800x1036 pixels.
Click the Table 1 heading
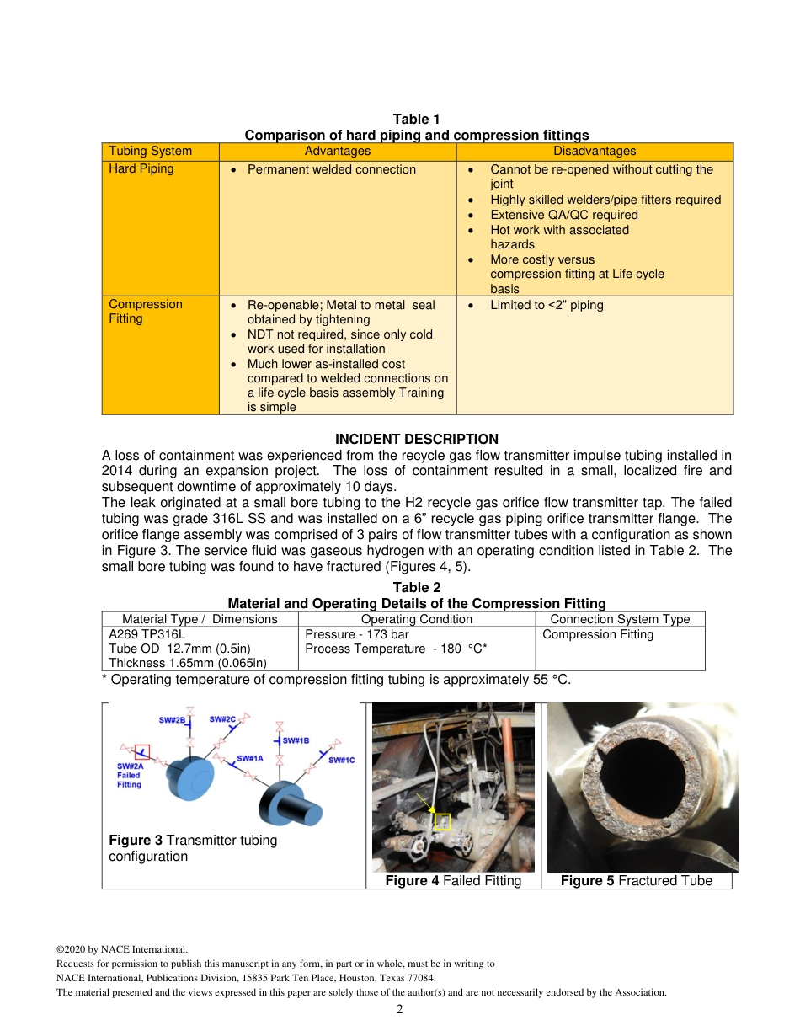tap(416, 120)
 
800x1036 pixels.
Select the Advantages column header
tap(337, 151)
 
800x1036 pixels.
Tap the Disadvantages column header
tap(594, 151)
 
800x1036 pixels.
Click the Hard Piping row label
tap(141, 168)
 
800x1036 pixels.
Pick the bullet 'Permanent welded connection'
tap(331, 169)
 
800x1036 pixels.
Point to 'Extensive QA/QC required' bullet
tap(563, 215)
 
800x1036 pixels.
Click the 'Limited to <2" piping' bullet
tap(547, 305)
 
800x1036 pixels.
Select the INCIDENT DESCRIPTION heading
tap(416, 439)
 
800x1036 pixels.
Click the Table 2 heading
tap(416, 587)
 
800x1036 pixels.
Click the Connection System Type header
tap(620, 619)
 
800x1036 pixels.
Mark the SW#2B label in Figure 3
tap(172, 720)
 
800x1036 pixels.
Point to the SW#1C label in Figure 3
tap(341, 760)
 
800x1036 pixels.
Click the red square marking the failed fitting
tap(142, 750)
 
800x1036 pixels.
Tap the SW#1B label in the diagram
tap(296, 740)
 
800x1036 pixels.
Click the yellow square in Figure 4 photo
tap(442, 821)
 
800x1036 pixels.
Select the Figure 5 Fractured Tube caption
tap(636, 880)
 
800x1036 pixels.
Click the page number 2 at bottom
tap(400, 1009)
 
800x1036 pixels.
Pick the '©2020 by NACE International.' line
tap(121, 949)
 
